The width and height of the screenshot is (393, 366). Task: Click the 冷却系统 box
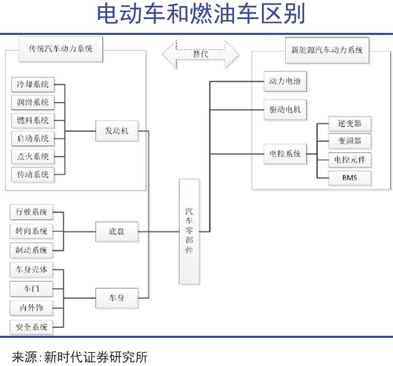(32, 84)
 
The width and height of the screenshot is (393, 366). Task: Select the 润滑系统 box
(32, 102)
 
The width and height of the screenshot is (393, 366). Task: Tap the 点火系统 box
(32, 156)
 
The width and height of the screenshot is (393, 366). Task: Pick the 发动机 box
(117, 131)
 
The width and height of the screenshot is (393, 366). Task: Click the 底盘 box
(117, 231)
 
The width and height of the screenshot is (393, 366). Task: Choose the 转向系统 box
(32, 230)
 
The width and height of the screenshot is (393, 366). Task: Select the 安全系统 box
(32, 327)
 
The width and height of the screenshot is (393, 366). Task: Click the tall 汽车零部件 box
(189, 231)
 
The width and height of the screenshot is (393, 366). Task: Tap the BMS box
(350, 178)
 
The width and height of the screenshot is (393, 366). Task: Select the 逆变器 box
(350, 124)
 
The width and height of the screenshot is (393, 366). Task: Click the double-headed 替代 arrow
(201, 54)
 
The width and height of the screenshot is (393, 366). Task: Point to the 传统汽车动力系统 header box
(60, 49)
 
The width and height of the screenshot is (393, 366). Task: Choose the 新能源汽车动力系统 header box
(327, 51)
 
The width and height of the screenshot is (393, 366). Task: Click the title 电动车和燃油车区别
(201, 14)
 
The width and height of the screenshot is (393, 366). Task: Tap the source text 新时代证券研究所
(96, 357)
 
